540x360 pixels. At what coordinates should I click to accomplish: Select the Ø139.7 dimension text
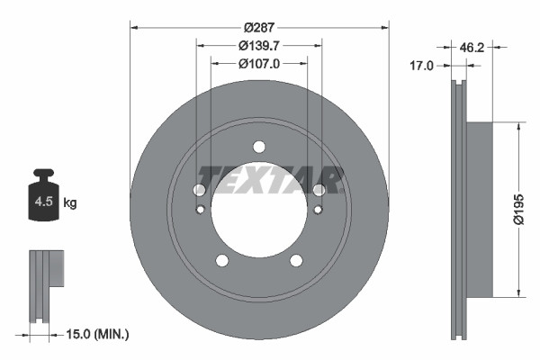click(259, 45)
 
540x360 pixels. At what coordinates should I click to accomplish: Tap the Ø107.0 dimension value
click(259, 64)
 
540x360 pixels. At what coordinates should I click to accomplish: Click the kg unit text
click(70, 203)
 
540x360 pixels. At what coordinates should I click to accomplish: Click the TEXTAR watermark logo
click(270, 180)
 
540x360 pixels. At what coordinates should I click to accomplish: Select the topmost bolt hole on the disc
click(259, 147)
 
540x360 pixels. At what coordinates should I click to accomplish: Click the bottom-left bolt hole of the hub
click(221, 261)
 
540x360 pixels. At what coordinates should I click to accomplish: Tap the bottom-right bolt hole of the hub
click(296, 261)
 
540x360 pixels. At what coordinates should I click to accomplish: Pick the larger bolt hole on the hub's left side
click(200, 190)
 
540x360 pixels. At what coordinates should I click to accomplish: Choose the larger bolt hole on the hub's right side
click(319, 190)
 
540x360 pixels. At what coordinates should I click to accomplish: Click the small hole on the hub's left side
click(200, 211)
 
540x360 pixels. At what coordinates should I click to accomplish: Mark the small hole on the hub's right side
click(319, 211)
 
